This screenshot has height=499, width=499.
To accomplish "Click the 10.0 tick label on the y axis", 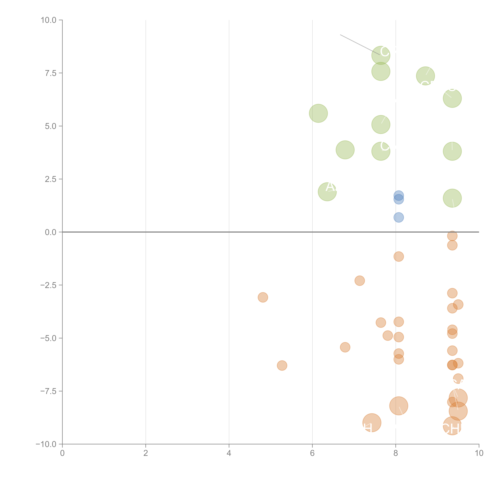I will (49, 20).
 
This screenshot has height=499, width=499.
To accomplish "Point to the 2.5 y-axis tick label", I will (51, 179).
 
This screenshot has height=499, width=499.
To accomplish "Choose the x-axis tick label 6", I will (312, 453).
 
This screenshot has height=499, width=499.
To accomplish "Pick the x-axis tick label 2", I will (146, 453).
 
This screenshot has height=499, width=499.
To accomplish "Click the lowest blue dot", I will (399, 217).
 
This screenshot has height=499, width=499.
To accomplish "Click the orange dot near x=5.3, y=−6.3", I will (282, 365).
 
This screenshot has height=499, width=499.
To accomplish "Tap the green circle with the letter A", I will (327, 192).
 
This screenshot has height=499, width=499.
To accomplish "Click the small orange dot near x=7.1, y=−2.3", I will (359, 281).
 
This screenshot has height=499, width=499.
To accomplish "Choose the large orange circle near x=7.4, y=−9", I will (372, 423).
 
